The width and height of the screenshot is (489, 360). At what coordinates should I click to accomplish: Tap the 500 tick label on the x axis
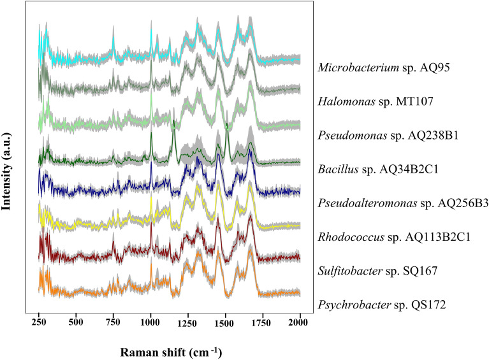pos(76,323)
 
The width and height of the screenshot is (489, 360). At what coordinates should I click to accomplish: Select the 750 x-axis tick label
pos(113,323)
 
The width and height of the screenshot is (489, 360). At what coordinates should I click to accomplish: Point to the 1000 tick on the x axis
pos(150,323)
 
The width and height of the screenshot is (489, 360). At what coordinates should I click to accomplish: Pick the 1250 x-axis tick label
pos(187,323)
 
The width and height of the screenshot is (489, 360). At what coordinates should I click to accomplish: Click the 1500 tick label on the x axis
pos(225,323)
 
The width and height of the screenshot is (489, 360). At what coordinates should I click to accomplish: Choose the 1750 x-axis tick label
pos(262,323)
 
